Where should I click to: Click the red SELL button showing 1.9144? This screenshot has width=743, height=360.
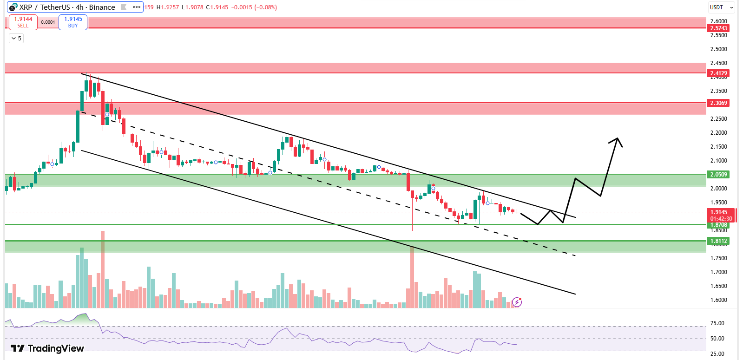(x=23, y=22)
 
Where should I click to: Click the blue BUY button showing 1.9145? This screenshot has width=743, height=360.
(x=73, y=22)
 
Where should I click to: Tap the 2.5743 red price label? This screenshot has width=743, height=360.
(x=718, y=28)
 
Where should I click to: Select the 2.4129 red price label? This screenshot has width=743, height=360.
(x=718, y=73)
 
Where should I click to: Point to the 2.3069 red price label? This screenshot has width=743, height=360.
(x=718, y=103)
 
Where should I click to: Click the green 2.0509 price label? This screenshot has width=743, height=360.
(x=718, y=175)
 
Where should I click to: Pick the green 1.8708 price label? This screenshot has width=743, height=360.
(x=718, y=225)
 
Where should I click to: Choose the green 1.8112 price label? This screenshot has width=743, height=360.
(x=718, y=241)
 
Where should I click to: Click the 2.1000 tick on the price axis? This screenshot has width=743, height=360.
(x=718, y=161)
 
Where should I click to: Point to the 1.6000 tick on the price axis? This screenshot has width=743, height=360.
(x=718, y=300)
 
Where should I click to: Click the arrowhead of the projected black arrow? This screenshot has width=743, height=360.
(x=618, y=139)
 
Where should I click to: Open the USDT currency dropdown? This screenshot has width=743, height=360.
(x=721, y=7)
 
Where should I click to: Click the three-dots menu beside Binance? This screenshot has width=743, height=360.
(x=137, y=7)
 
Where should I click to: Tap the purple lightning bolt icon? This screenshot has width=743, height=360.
(x=517, y=302)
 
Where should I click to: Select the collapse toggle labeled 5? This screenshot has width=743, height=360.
(x=16, y=39)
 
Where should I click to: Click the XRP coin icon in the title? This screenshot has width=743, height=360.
(x=13, y=7)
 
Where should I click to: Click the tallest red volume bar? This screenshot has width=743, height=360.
(x=103, y=269)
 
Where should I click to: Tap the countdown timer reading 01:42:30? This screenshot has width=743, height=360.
(x=721, y=219)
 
